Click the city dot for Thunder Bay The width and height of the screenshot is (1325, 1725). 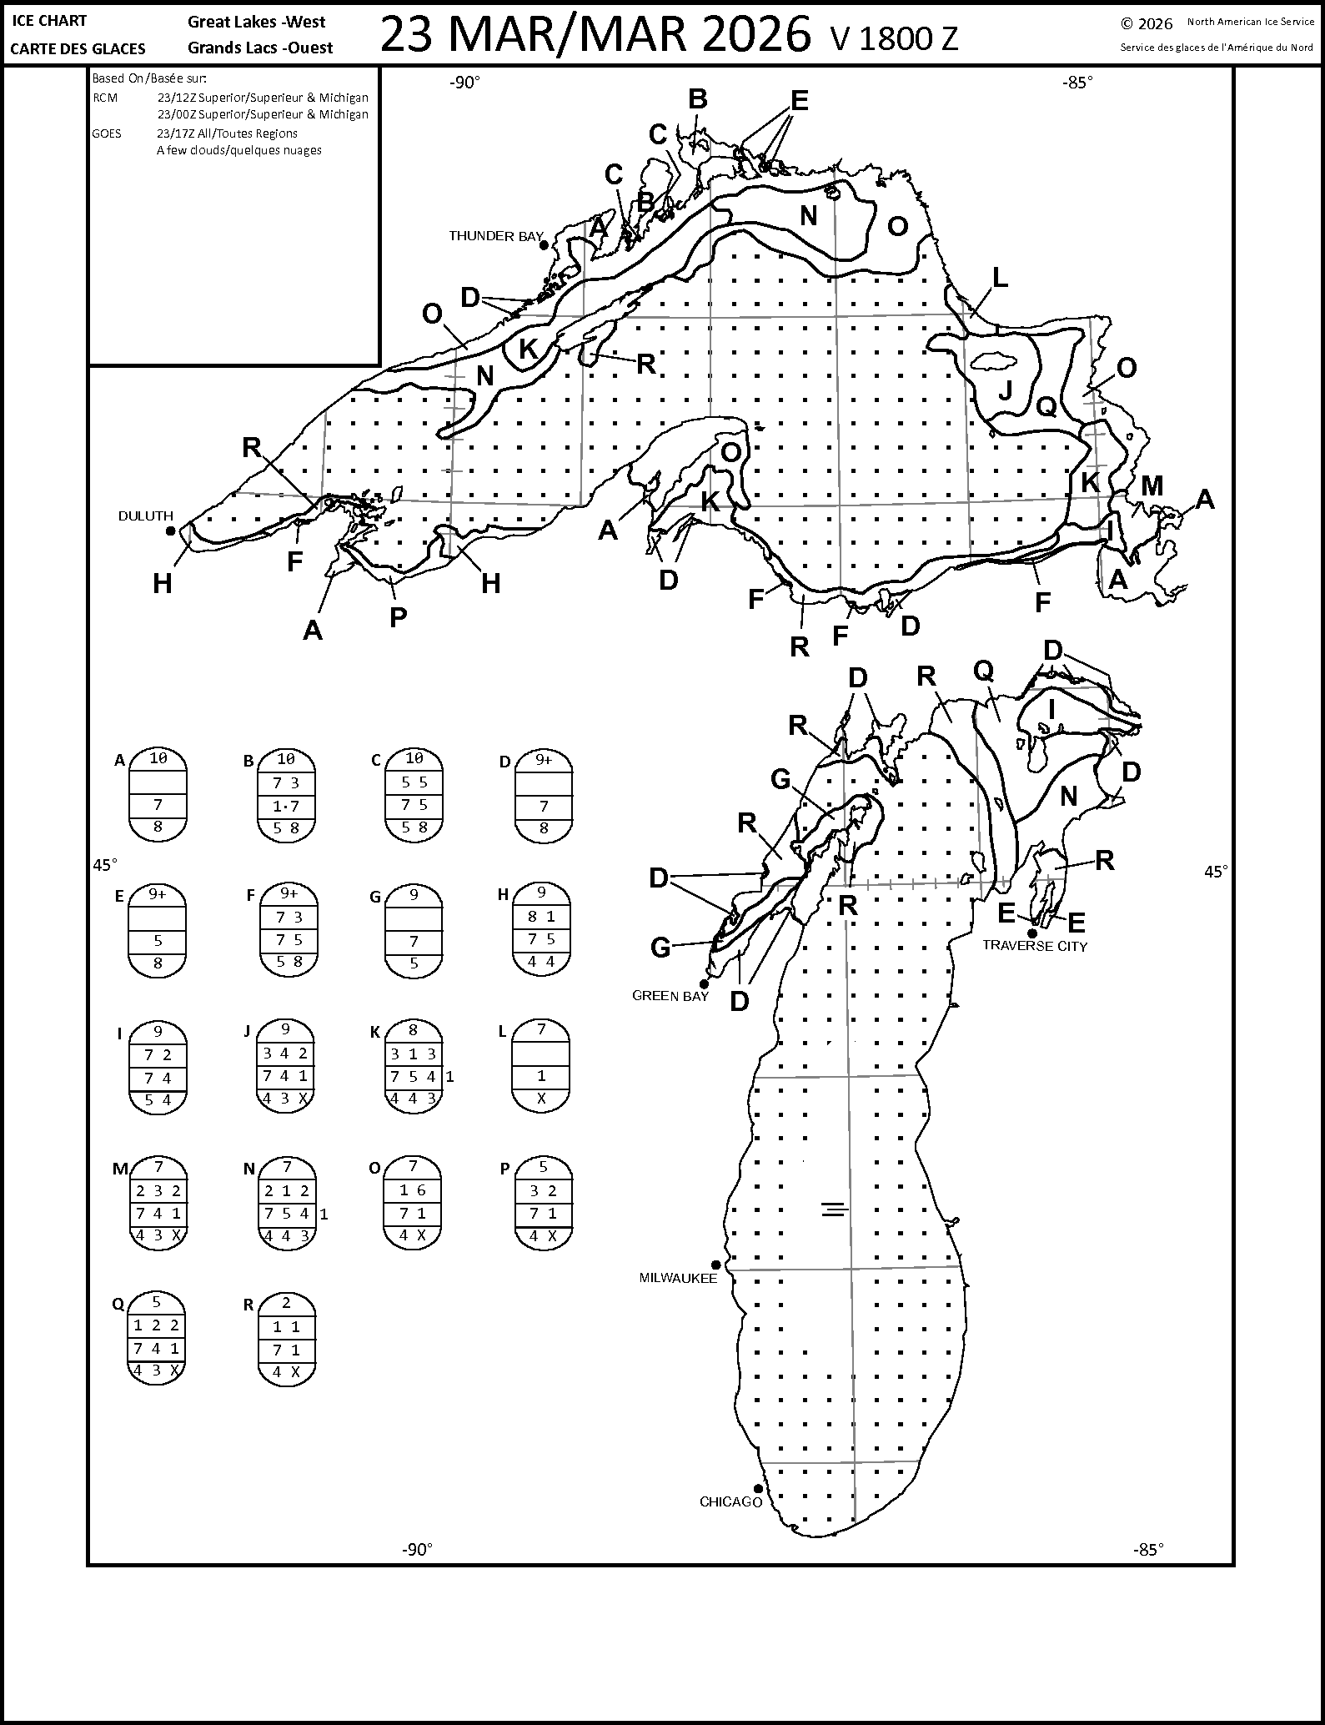[x=544, y=245]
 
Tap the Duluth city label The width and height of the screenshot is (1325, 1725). [x=146, y=516]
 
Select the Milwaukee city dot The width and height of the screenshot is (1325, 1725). [x=716, y=1265]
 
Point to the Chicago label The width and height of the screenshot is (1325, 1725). [x=731, y=1502]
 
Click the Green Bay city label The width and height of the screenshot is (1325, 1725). [x=670, y=996]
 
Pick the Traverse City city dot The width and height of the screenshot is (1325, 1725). [x=1032, y=933]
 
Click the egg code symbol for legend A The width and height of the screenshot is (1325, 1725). [x=158, y=794]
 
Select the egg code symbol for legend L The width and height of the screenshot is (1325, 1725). [x=541, y=1065]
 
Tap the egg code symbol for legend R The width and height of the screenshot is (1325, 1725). [x=286, y=1339]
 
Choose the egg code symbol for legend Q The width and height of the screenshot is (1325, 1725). [x=157, y=1339]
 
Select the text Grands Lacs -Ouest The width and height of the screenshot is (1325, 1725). [x=260, y=48]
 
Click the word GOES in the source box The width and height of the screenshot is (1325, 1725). [x=107, y=133]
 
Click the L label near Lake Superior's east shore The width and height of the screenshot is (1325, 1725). [x=999, y=277]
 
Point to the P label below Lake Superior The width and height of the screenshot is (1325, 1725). [x=398, y=616]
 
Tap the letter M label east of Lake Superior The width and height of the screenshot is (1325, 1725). [x=1152, y=485]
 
